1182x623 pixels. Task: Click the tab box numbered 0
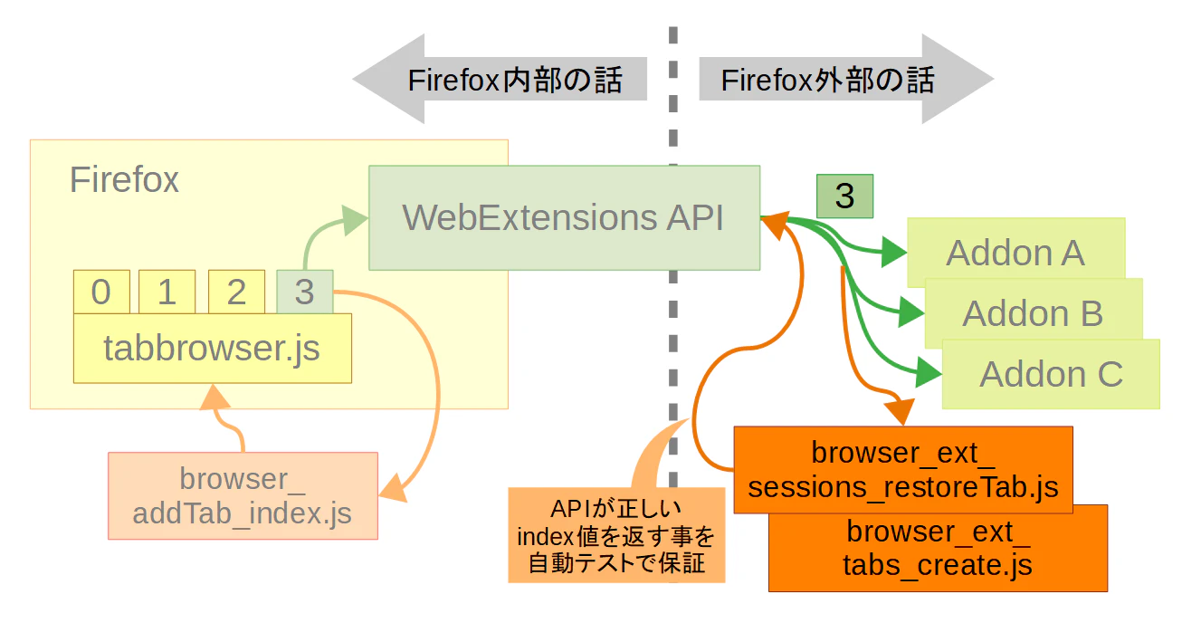pyautogui.click(x=101, y=292)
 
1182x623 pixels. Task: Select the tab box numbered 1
pyautogui.click(x=167, y=292)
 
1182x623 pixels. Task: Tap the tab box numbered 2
pyautogui.click(x=236, y=292)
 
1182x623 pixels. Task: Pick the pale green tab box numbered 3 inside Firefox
pyautogui.click(x=304, y=292)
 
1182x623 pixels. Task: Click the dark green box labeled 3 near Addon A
pyautogui.click(x=844, y=196)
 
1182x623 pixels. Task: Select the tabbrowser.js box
pyautogui.click(x=212, y=348)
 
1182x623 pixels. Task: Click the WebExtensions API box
pyautogui.click(x=564, y=217)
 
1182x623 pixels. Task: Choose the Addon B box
pyautogui.click(x=1034, y=313)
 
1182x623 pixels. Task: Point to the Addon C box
pyautogui.click(x=1051, y=374)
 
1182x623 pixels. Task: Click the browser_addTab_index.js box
pyautogui.click(x=243, y=495)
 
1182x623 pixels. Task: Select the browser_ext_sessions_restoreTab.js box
pyautogui.click(x=903, y=469)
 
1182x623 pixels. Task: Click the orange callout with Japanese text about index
pyautogui.click(x=616, y=535)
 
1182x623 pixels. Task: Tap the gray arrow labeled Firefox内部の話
pyautogui.click(x=500, y=79)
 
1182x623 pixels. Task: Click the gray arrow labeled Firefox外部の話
pyautogui.click(x=846, y=79)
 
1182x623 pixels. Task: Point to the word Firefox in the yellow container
pyautogui.click(x=124, y=179)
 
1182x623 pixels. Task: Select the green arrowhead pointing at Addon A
pyautogui.click(x=894, y=252)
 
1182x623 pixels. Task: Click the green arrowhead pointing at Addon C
pyautogui.click(x=929, y=373)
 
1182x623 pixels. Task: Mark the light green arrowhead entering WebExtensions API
pyautogui.click(x=355, y=220)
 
